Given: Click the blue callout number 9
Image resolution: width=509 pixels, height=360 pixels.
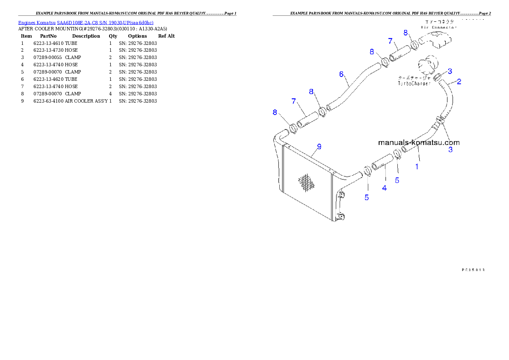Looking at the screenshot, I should click(319, 147).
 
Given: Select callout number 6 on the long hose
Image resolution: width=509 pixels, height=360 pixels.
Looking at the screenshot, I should click(341, 74).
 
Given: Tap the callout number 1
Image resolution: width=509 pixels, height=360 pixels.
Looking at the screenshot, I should click(417, 166).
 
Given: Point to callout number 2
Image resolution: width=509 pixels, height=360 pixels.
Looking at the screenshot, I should click(459, 81).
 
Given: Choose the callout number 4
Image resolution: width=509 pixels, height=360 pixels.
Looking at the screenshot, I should click(385, 187).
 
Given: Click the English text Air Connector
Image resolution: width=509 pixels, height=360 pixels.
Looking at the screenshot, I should click(438, 27).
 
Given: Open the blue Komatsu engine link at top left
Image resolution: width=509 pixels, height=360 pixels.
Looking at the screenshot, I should click(86, 22).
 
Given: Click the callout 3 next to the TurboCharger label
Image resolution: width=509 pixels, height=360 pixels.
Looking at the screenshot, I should click(450, 71).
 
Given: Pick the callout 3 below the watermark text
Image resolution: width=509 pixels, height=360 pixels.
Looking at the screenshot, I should click(450, 150).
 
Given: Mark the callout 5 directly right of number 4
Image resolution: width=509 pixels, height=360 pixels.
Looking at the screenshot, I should click(397, 180).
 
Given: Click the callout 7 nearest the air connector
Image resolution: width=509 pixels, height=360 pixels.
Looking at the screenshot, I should click(390, 41).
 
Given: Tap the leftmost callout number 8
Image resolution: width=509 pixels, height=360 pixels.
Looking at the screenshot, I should click(275, 112).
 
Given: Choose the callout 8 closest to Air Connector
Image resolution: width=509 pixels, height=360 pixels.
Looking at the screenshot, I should click(405, 32).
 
